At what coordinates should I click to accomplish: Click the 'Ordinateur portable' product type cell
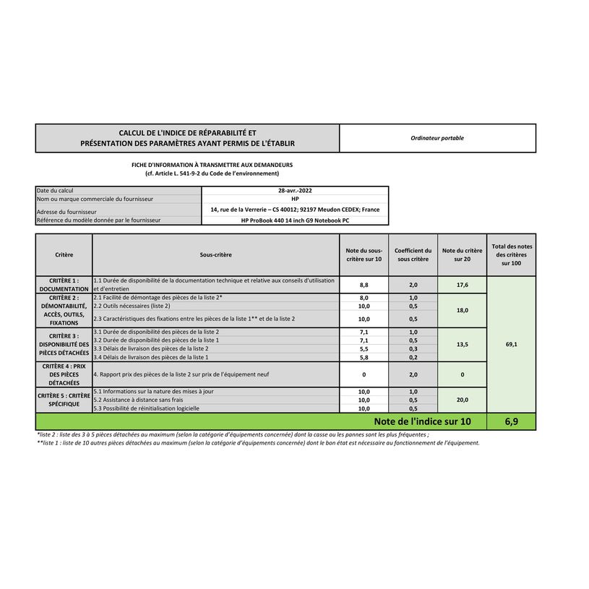point(437,138)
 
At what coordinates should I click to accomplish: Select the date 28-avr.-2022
point(295,191)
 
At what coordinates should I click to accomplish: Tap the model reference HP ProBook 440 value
point(295,220)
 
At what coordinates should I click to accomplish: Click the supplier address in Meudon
point(295,210)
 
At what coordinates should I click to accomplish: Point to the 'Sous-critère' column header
point(216,255)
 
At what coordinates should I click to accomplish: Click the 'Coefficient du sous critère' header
point(413,255)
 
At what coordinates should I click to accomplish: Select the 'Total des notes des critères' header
point(512,255)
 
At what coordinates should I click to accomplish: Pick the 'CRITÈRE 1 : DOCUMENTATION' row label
point(64,285)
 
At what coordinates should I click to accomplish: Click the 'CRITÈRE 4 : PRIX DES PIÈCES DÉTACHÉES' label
point(64,374)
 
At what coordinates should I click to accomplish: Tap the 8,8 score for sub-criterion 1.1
point(364,285)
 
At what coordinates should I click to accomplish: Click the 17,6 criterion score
point(463,285)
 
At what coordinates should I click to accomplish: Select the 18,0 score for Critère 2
point(463,310)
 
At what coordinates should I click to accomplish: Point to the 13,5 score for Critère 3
point(463,345)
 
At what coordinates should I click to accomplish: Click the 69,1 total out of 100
point(512,345)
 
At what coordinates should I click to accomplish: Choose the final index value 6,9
point(512,422)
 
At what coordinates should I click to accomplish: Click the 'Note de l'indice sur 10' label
point(422,422)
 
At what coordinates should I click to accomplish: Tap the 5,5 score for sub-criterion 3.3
point(364,348)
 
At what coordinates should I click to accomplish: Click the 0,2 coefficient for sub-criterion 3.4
point(413,357)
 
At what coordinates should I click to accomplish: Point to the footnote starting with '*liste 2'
point(232,435)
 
